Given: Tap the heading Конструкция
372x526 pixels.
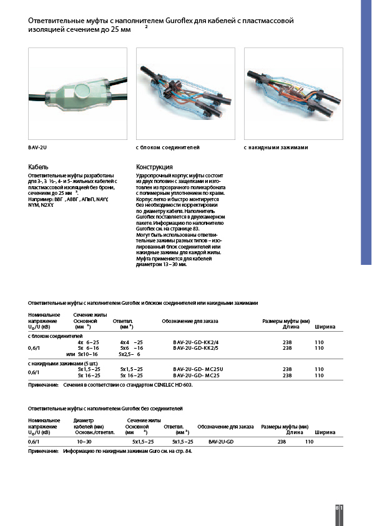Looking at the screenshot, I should [154, 167].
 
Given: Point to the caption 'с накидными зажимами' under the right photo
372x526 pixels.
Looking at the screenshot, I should [276, 148].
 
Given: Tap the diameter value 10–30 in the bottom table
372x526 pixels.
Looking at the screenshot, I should [84, 441].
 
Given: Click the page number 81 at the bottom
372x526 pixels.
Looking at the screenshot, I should [338, 509].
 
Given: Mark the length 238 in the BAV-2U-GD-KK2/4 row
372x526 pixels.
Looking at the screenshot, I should [287, 342].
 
